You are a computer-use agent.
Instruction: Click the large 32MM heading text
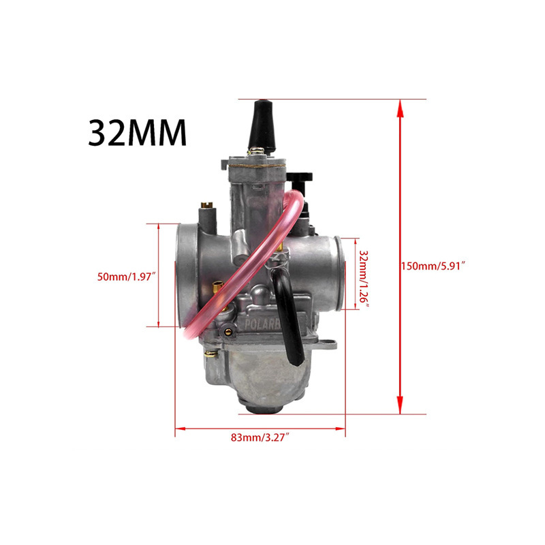[x=137, y=134]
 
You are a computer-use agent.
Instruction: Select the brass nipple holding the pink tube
[x=217, y=290]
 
